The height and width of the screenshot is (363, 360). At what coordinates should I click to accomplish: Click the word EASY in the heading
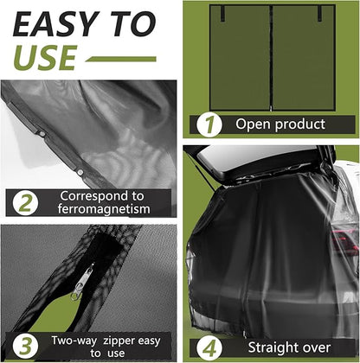pyautogui.click(x=55, y=24)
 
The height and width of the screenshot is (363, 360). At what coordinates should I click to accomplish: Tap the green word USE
pyautogui.click(x=45, y=57)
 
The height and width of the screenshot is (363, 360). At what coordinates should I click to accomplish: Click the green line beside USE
pyautogui.click(x=121, y=59)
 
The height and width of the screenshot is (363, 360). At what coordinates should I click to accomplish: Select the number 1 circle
pyautogui.click(x=209, y=124)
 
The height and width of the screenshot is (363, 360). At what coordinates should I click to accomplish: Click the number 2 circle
pyautogui.click(x=25, y=203)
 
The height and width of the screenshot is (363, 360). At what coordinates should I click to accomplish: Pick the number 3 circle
pyautogui.click(x=25, y=346)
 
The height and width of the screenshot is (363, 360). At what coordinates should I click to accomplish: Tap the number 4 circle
pyautogui.click(x=209, y=348)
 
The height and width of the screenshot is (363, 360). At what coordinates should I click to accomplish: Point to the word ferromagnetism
pyautogui.click(x=104, y=209)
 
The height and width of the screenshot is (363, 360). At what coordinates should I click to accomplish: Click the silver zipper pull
pyautogui.click(x=83, y=282)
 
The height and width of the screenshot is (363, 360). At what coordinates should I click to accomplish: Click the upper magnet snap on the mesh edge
pyautogui.click(x=42, y=134)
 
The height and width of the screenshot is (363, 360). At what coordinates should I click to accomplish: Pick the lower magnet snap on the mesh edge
pyautogui.click(x=80, y=172)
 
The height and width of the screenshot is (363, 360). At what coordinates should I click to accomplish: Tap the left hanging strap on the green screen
pyautogui.click(x=222, y=13)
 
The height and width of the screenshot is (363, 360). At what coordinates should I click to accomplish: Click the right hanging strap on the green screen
pyautogui.click(x=319, y=13)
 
